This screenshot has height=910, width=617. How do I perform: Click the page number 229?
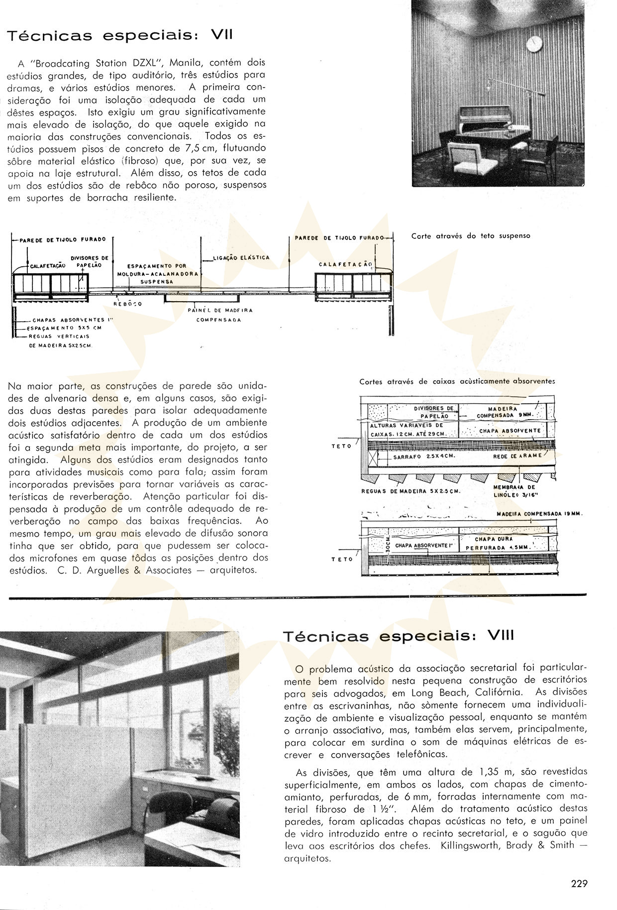point(580,884)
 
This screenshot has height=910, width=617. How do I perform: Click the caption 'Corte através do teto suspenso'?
point(471,236)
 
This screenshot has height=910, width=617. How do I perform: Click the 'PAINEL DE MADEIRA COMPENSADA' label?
point(219,315)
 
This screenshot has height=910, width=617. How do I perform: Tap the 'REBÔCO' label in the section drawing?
point(128,304)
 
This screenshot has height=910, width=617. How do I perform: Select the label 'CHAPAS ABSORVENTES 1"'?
point(70,321)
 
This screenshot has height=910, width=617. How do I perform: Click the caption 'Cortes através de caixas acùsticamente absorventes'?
point(457,381)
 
